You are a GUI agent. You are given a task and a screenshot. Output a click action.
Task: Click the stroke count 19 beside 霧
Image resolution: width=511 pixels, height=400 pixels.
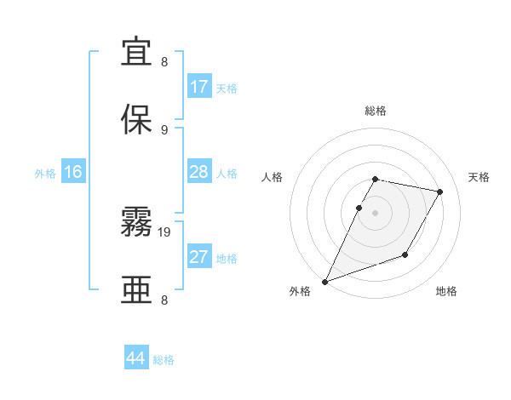(165, 231)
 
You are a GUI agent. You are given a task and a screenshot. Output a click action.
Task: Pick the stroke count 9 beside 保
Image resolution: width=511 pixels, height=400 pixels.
(164, 129)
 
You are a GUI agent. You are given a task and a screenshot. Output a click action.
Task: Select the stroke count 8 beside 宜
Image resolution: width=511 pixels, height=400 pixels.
(164, 62)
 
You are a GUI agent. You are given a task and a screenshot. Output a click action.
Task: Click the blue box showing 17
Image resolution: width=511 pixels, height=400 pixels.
(198, 86)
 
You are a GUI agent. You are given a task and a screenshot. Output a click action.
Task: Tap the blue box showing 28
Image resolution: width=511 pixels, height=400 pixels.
(198, 172)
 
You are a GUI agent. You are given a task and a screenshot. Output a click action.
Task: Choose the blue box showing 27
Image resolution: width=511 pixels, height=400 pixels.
(198, 257)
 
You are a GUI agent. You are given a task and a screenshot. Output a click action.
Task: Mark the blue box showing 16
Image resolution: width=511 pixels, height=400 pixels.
(72, 172)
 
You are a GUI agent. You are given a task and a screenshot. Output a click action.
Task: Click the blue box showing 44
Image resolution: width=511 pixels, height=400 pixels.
(136, 358)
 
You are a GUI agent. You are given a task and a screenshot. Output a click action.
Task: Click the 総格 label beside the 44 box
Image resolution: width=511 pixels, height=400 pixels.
(164, 360)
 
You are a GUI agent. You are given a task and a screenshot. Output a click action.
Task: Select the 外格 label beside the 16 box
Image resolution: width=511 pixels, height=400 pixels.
(45, 174)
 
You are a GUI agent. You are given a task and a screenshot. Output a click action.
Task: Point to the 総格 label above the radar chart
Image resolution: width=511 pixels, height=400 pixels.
(375, 111)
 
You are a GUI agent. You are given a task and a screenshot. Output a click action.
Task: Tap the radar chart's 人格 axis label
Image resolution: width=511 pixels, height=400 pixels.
(273, 178)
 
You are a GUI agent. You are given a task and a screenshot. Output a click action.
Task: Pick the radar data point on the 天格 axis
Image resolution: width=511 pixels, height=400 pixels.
(440, 191)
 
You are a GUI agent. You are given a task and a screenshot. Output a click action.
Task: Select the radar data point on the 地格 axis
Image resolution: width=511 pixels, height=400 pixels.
(405, 254)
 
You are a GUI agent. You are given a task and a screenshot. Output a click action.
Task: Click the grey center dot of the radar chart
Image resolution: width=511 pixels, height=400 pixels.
(375, 213)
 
